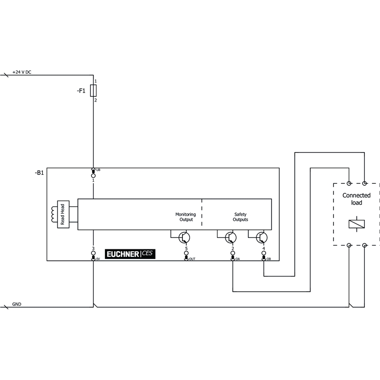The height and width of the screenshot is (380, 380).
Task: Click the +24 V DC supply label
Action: tap(22, 72)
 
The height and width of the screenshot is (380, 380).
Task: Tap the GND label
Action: tap(17, 304)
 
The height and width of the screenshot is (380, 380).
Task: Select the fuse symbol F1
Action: tap(93, 91)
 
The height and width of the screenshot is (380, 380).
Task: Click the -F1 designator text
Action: tap(81, 91)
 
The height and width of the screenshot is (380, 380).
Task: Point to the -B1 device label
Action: tap(39, 172)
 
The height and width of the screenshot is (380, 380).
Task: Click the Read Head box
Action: tap(63, 214)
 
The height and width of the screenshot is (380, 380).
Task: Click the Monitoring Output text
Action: tap(186, 217)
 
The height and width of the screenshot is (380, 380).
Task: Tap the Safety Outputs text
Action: tap(240, 217)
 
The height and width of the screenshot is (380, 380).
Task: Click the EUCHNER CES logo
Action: tap(130, 254)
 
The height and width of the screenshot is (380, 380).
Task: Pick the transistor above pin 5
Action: tap(184, 237)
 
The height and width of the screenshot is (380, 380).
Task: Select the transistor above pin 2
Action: tap(231, 237)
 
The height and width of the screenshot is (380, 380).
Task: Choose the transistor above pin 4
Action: tap(262, 237)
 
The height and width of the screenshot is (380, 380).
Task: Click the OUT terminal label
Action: tap(192, 259)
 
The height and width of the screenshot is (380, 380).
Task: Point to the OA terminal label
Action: tap(238, 259)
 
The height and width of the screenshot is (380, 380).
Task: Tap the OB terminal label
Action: tap(269, 259)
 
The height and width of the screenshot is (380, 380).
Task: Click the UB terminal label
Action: tap(98, 170)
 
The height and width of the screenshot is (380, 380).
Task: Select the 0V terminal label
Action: tap(98, 259)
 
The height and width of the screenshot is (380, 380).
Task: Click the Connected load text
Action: tap(357, 199)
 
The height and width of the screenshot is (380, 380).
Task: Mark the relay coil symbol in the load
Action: tap(357, 224)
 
